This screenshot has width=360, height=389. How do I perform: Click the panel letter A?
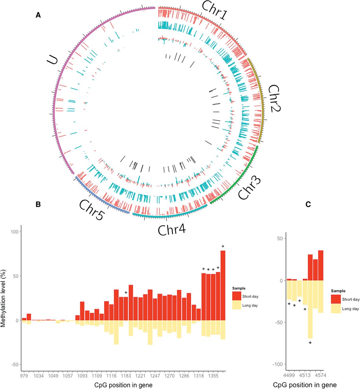pos(38,15)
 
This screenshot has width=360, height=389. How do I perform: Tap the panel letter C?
pos(308,205)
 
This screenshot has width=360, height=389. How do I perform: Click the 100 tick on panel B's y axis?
pos(14,232)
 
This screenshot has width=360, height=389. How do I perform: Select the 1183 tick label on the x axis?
pos(126,376)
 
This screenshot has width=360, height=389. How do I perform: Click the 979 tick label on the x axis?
pos(24,376)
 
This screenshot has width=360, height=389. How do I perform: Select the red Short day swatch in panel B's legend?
pos(236,296)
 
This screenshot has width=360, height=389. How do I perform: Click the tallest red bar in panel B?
pos(223,285)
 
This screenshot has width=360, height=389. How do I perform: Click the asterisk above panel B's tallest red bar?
pos(223,246)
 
